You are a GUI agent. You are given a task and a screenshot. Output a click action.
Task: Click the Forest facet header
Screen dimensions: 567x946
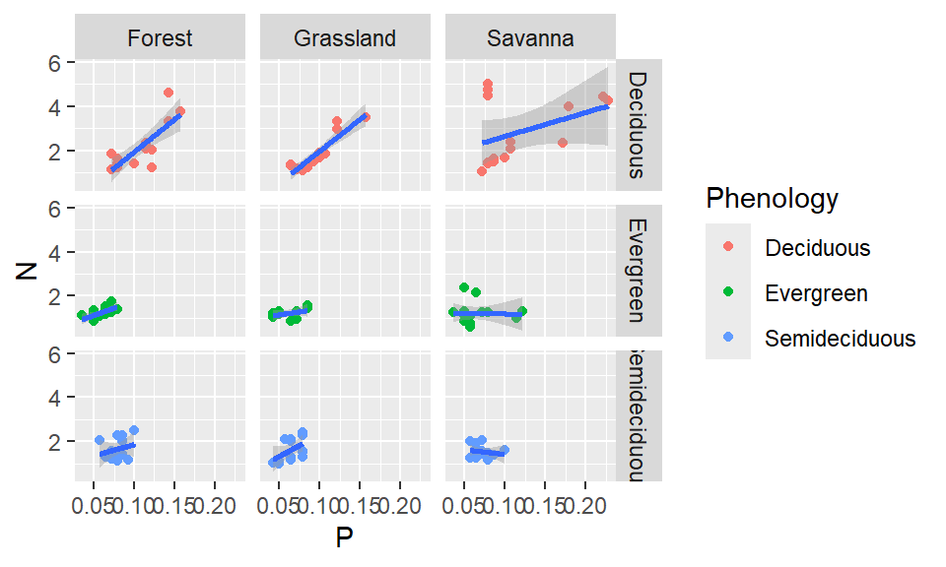160,38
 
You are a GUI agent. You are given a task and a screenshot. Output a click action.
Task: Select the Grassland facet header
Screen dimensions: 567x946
345,38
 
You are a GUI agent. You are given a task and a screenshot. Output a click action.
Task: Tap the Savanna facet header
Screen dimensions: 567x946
530,38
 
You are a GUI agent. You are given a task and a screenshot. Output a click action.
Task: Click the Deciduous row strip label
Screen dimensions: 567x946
638,124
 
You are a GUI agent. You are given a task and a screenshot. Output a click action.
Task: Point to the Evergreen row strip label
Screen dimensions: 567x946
638,270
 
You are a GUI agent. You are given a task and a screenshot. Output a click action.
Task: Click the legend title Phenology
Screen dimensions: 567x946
772,199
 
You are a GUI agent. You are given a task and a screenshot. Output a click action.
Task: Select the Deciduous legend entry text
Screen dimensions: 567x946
817,248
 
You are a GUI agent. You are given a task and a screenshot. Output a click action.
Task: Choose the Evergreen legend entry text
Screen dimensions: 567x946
816,293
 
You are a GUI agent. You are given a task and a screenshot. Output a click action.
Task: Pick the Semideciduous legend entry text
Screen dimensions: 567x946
840,339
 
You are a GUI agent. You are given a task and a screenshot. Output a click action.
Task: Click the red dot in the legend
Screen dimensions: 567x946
728,248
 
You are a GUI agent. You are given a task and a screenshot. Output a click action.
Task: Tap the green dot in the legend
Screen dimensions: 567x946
728,293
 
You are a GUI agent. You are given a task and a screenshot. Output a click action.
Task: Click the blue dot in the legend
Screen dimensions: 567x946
728,339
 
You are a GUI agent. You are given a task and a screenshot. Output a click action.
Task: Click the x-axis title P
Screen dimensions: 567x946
344,539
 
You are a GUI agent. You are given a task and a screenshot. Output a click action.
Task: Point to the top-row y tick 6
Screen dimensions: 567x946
56,63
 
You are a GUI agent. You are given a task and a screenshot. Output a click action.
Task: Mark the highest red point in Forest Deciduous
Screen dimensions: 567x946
169,93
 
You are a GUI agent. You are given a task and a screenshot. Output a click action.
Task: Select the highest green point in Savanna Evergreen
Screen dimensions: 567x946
463,287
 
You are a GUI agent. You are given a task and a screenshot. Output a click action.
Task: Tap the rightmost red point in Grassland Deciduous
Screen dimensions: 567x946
366,117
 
